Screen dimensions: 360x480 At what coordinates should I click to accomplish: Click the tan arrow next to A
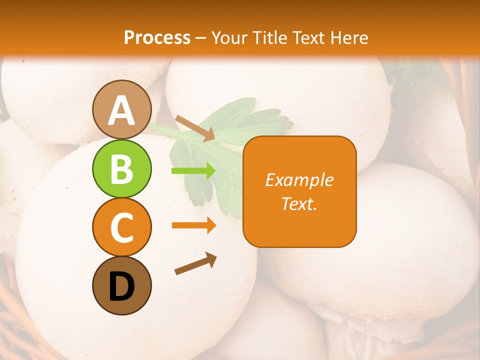click(x=195, y=128)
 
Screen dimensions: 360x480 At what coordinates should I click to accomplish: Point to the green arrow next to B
click(x=193, y=171)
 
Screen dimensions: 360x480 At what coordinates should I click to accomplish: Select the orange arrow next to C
click(x=193, y=225)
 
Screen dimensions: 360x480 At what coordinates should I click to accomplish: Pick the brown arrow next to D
click(x=195, y=263)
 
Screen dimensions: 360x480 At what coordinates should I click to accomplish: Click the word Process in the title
click(x=157, y=37)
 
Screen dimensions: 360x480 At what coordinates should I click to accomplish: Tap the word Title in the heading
click(x=269, y=37)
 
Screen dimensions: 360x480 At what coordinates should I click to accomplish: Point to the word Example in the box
click(x=299, y=180)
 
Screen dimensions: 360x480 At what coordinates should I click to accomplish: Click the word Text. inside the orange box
click(x=299, y=203)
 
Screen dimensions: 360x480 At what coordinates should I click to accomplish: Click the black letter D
click(x=121, y=286)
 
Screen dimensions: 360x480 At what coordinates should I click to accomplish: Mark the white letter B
click(x=121, y=169)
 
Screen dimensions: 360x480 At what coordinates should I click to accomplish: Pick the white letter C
click(x=121, y=227)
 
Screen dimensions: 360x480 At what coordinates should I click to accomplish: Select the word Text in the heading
click(x=308, y=37)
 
